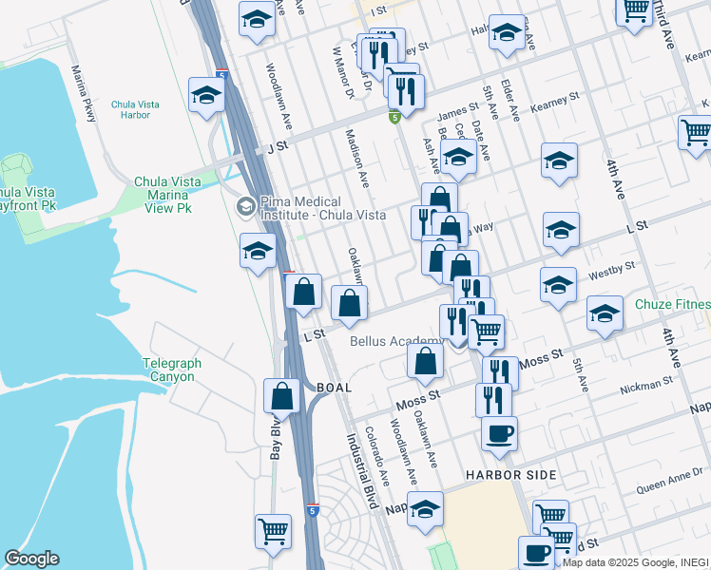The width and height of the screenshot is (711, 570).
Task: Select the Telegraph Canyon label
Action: click(x=168, y=370)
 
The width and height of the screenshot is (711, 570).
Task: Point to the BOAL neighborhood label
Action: click(x=334, y=388)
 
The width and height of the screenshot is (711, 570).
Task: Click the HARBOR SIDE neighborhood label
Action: click(x=509, y=474)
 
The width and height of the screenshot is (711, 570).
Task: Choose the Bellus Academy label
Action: click(x=396, y=341)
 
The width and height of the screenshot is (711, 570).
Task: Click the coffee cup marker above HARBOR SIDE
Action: click(x=499, y=434)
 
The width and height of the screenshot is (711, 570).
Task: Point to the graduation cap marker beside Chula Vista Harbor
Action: click(x=206, y=95)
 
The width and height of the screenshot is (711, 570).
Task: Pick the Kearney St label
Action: click(x=555, y=100)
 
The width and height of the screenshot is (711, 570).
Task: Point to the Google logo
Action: click(x=32, y=559)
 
